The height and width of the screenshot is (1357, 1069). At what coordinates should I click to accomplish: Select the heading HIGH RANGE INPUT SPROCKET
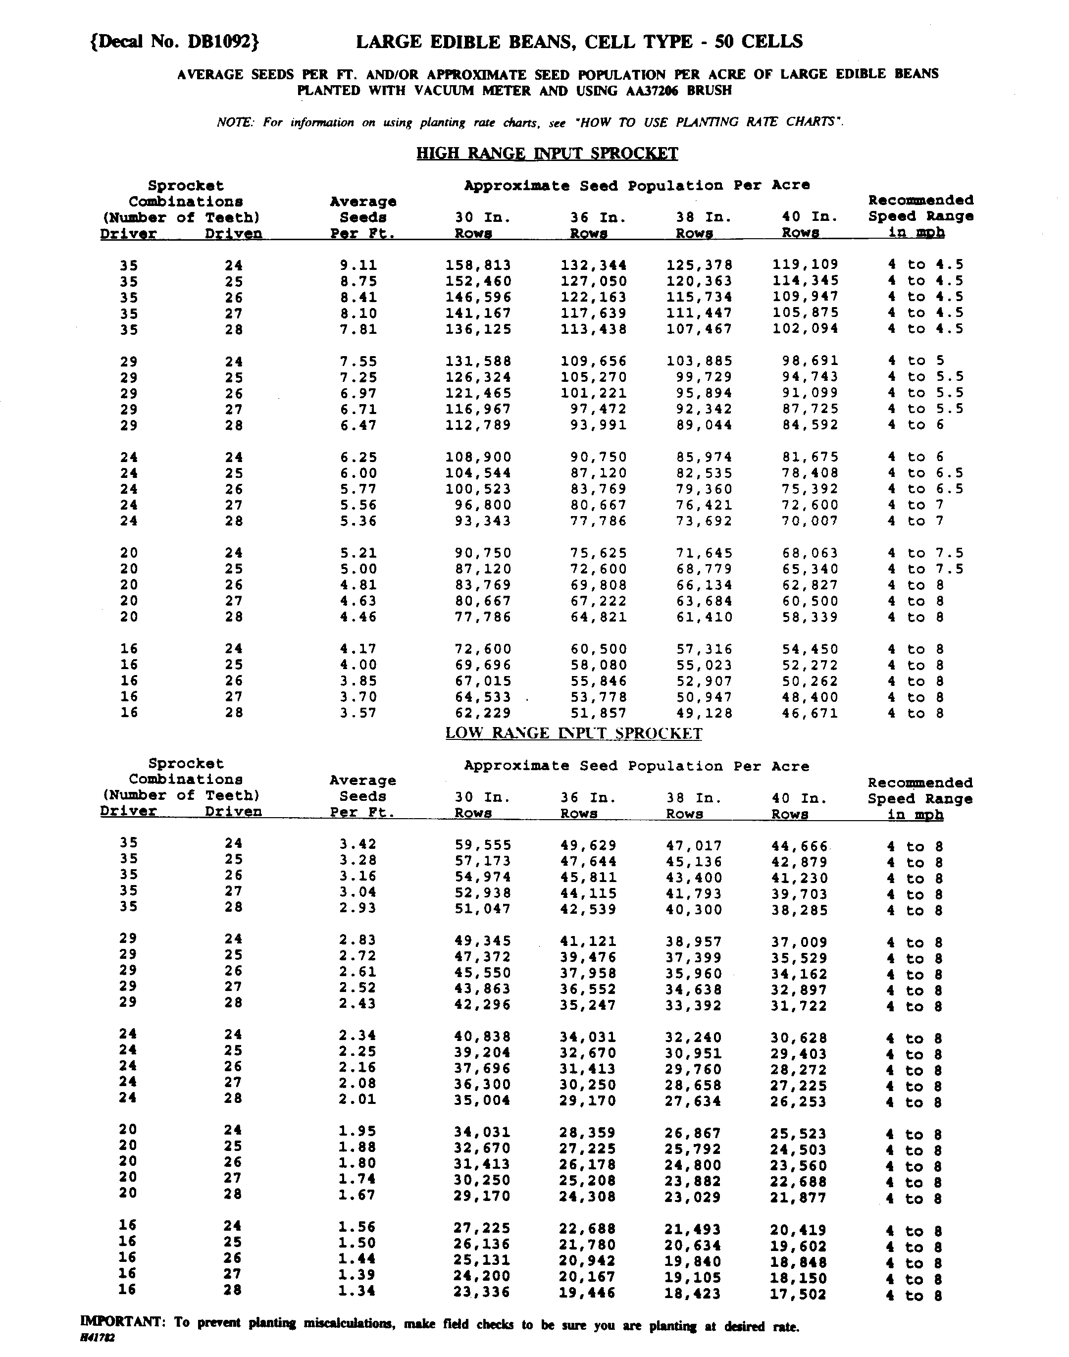(x=547, y=154)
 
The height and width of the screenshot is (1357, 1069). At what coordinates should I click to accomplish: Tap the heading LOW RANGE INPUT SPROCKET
(x=573, y=733)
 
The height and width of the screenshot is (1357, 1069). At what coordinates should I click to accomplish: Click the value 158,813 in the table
(x=478, y=265)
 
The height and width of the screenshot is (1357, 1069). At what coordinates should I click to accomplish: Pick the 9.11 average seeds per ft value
(x=358, y=265)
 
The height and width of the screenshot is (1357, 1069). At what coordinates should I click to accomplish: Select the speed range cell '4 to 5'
(x=916, y=361)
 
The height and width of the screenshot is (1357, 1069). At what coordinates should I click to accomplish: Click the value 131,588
(x=478, y=361)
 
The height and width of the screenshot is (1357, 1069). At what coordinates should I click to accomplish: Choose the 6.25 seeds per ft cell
(x=358, y=458)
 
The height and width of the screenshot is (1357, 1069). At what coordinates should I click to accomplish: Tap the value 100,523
(x=478, y=489)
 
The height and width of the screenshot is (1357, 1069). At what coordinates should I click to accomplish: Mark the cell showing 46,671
(x=809, y=713)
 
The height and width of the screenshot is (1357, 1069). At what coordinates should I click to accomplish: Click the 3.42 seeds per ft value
(x=358, y=844)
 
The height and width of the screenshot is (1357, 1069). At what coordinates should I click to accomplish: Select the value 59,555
(x=483, y=845)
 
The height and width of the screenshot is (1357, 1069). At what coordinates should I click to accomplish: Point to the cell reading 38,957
(x=694, y=941)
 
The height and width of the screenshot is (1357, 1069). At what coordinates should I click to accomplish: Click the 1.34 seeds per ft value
(x=357, y=1291)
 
